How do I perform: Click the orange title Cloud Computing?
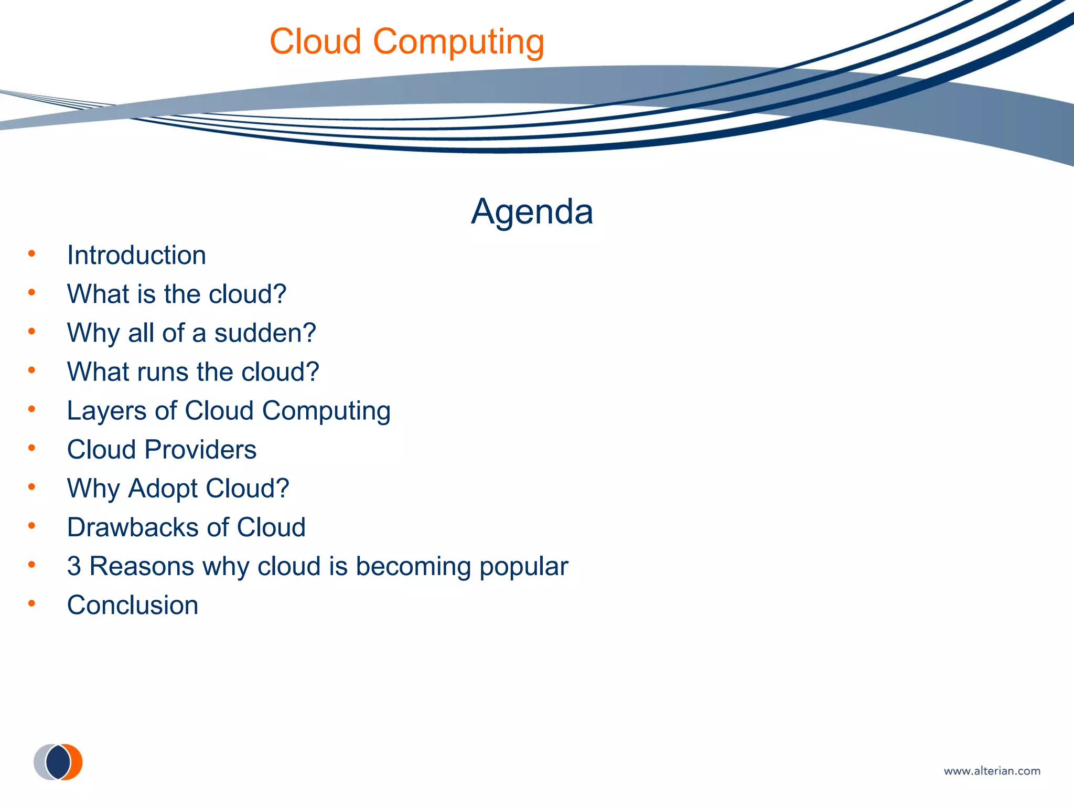(407, 41)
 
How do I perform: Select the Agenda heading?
(532, 211)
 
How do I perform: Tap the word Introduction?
(136, 256)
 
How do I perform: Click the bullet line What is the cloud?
(177, 294)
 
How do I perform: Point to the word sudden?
(265, 333)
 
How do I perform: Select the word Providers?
(200, 450)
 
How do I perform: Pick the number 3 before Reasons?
(74, 566)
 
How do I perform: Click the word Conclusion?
(133, 605)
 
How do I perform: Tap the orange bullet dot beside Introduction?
(32, 254)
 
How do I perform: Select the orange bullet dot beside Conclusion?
(32, 604)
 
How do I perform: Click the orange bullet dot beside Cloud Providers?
(32, 448)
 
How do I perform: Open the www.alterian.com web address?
(992, 771)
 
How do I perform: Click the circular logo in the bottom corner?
(58, 762)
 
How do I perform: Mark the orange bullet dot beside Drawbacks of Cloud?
(32, 526)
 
